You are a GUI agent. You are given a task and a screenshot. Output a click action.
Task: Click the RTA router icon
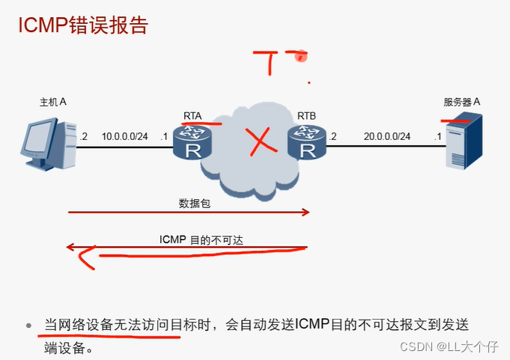pyautogui.click(x=192, y=142)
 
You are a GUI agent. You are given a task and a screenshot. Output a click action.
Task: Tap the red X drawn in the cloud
pyautogui.click(x=258, y=142)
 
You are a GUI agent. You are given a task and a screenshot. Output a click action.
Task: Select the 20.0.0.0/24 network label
pyautogui.click(x=386, y=136)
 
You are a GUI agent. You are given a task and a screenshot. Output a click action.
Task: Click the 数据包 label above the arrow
pyautogui.click(x=190, y=203)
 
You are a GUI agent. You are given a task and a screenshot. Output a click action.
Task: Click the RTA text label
pyautogui.click(x=192, y=116)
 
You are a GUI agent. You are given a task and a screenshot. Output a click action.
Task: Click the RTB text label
pyautogui.click(x=307, y=116)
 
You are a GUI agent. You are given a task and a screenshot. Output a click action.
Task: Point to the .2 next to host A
pyautogui.click(x=84, y=136)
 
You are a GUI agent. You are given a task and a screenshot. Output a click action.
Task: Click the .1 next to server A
pyautogui.click(x=437, y=136)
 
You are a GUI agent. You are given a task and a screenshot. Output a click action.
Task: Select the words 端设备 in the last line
pyautogui.click(x=67, y=349)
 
